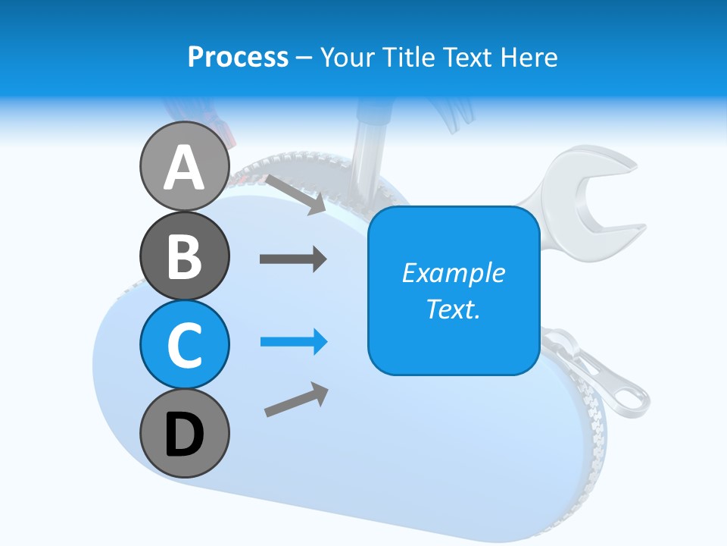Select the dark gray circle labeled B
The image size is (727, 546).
pos(184,256)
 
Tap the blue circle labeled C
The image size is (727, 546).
pos(184,344)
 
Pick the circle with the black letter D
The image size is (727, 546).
pos(184,433)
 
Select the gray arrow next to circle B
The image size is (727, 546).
pos(293,259)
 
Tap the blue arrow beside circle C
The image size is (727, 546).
pos(294,342)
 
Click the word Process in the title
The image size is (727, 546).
pos(238,57)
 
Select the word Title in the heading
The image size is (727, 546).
pos(407,57)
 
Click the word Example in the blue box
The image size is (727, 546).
pos(453,273)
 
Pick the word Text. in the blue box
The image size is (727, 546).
pos(453,309)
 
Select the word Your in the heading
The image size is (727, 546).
pos(347,57)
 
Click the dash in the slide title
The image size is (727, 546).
pos(304,58)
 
